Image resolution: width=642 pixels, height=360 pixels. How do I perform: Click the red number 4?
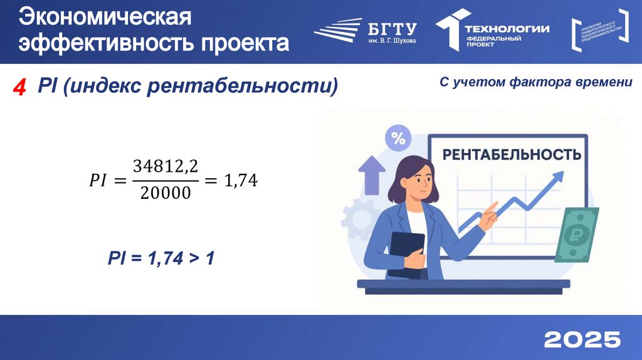(x=20, y=87)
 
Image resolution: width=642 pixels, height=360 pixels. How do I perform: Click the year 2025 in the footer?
(x=582, y=339)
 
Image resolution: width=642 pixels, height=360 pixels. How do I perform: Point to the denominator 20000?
(x=166, y=194)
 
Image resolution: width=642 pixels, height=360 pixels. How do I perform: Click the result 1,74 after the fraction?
(x=241, y=181)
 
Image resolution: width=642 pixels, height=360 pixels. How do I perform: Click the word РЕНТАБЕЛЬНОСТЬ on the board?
(x=512, y=154)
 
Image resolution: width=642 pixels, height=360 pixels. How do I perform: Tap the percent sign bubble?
(x=398, y=139)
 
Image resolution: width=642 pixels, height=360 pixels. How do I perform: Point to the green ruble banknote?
(x=576, y=234)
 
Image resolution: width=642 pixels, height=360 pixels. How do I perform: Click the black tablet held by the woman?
(x=406, y=254)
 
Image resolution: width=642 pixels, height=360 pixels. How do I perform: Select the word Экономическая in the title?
(x=104, y=17)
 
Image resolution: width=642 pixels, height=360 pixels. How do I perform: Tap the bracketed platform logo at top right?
(x=600, y=29)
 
